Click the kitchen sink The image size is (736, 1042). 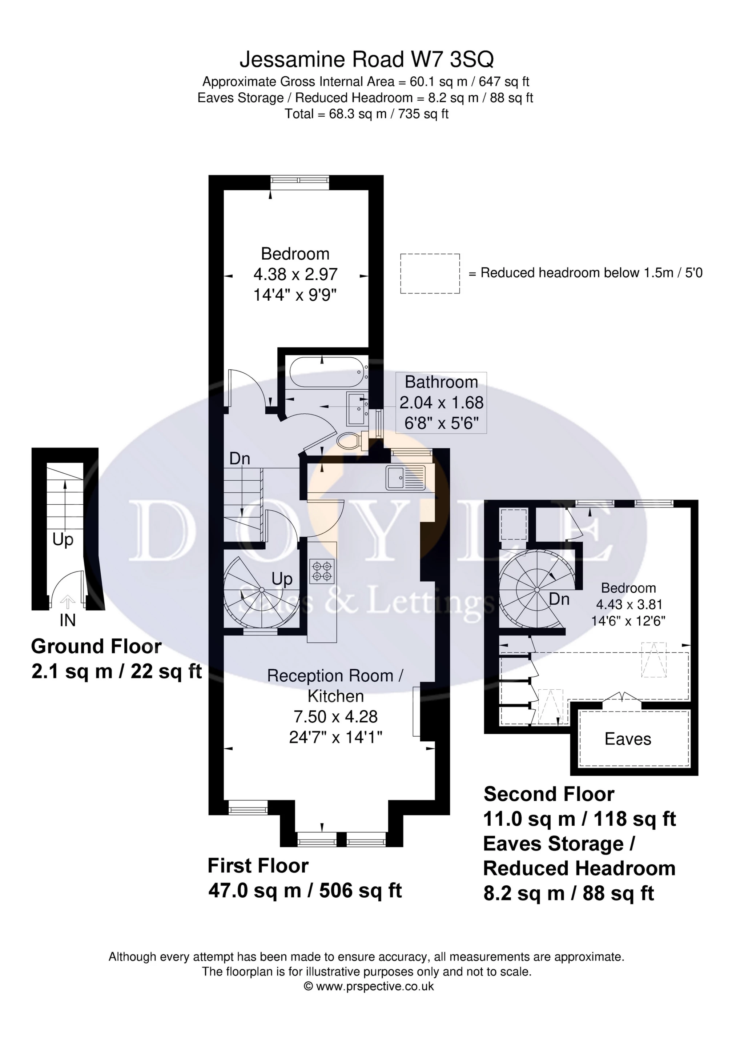click(406, 478)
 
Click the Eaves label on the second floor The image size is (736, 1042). click(628, 739)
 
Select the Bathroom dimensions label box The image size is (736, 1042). click(442, 402)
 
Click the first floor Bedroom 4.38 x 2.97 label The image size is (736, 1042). click(295, 274)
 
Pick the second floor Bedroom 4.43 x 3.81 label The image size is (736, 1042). click(628, 605)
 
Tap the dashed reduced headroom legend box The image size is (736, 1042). click(430, 273)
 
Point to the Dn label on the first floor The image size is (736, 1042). click(240, 459)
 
